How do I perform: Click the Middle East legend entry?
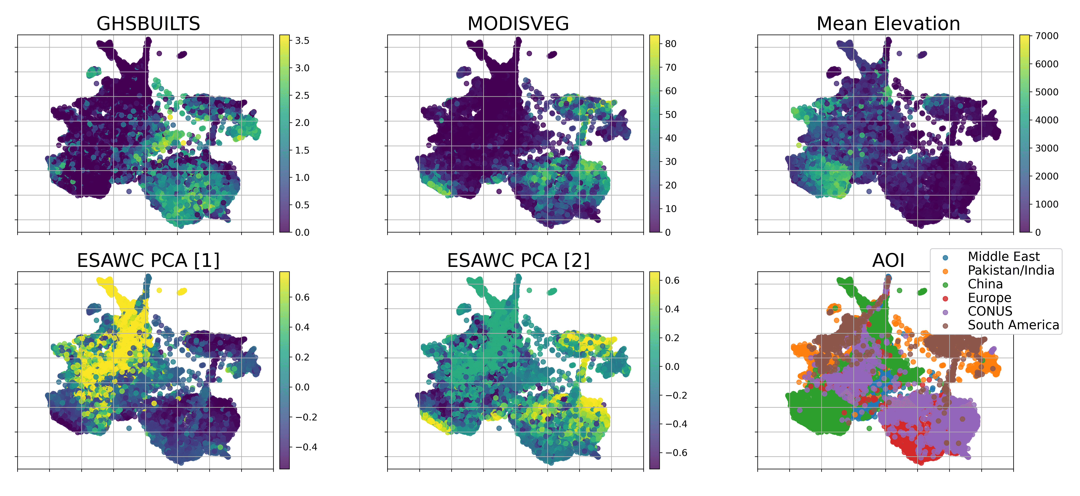coord(1003,257)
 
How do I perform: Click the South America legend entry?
coord(1013,325)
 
